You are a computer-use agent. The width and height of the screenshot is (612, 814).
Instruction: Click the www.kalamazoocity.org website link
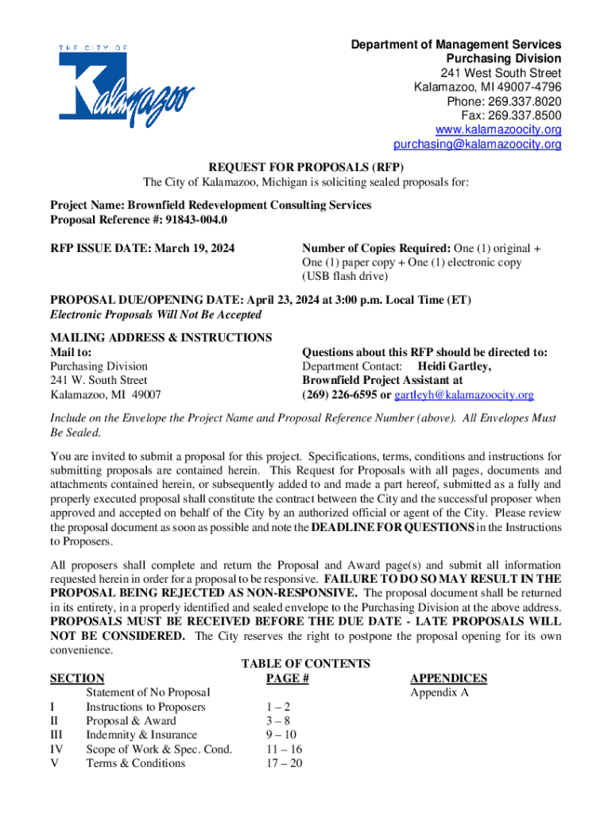[x=498, y=130]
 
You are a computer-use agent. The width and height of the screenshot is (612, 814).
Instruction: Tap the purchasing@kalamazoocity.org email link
[x=477, y=145]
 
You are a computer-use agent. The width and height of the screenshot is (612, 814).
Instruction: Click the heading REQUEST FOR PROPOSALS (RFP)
[x=306, y=168]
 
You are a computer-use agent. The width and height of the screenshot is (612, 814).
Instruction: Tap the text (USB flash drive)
[x=345, y=277]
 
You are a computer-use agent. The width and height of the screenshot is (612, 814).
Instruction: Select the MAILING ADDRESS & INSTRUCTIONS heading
[x=161, y=338]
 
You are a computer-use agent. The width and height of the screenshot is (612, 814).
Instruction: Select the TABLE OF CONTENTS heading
[x=306, y=664]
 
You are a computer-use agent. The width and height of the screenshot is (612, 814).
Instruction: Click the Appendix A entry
[x=439, y=692]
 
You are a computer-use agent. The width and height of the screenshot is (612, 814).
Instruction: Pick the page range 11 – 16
[x=282, y=749]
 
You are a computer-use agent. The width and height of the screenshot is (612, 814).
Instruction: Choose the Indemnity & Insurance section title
[x=141, y=735]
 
